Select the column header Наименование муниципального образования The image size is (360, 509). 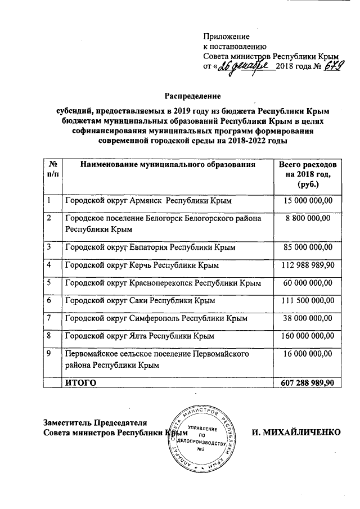168,165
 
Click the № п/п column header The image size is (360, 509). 52,169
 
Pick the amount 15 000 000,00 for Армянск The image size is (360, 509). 307,201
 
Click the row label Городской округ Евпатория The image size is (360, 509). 150,247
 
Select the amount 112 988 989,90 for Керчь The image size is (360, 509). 307,265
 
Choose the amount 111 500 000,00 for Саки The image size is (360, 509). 307,301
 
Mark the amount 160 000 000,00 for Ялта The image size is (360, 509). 307,336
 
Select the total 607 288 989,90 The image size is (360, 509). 307,382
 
